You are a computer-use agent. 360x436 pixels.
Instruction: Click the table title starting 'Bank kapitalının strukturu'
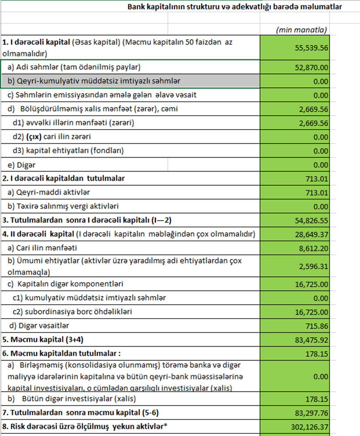[x=234, y=7]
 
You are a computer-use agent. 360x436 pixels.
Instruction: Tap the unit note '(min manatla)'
[x=302, y=30]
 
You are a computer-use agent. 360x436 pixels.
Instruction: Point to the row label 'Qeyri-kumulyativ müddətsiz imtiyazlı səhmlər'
[x=94, y=81]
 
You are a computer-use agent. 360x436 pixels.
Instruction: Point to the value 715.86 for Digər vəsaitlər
[x=318, y=326]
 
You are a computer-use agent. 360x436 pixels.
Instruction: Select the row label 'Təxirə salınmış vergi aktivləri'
[x=65, y=206]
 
